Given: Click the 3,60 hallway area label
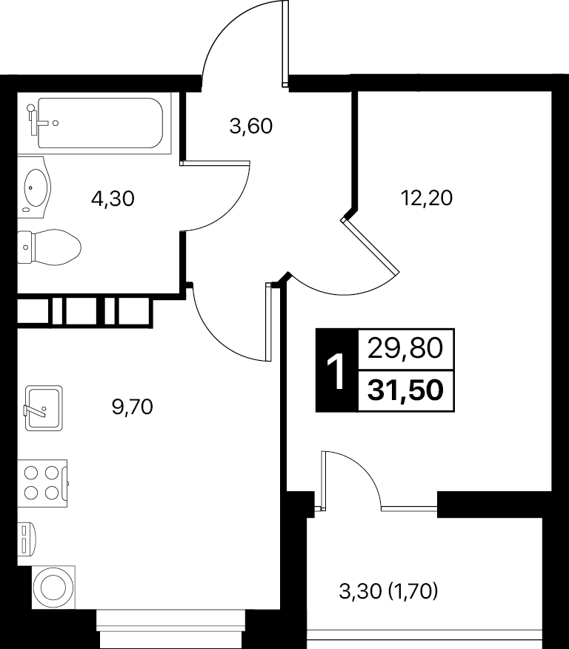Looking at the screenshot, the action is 250,126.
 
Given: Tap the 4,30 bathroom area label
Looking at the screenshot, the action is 113,199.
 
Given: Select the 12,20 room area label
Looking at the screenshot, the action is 427,198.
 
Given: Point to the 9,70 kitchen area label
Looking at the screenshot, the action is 133,407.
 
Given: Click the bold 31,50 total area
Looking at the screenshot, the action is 405,390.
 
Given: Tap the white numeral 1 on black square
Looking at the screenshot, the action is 336,371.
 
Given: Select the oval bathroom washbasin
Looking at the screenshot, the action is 35,187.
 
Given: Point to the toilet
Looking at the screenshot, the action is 49,247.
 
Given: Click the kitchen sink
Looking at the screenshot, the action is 44,408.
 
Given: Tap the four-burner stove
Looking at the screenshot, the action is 42,483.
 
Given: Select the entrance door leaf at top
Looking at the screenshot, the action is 284,44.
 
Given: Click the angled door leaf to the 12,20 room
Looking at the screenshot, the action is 370,245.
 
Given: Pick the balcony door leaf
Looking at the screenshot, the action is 323,481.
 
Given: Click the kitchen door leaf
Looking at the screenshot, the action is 268,322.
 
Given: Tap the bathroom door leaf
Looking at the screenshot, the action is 215,163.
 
